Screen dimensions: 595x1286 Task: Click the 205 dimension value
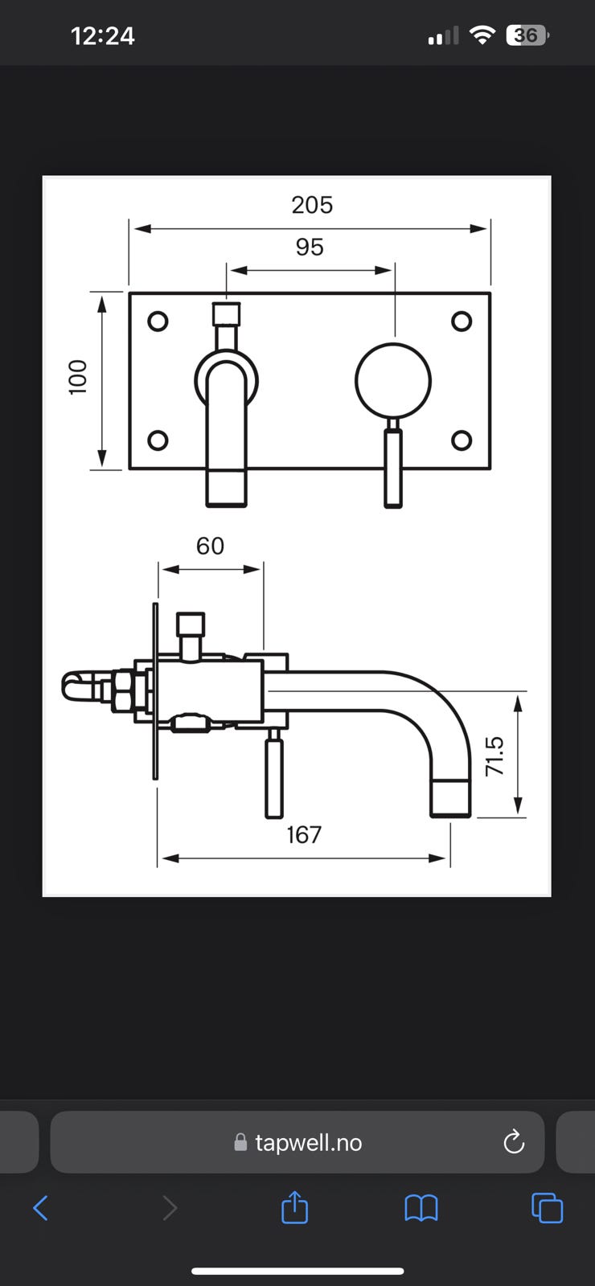click(x=312, y=205)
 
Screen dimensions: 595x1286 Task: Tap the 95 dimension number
click(x=310, y=247)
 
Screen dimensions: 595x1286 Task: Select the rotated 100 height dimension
click(x=77, y=377)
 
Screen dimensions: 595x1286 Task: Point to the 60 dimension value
click(x=210, y=546)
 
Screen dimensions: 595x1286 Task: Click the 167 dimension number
click(x=305, y=835)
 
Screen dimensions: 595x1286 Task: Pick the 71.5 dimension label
click(x=494, y=756)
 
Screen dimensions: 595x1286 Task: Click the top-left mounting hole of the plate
click(x=158, y=321)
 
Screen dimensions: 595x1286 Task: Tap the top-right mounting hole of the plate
click(x=462, y=321)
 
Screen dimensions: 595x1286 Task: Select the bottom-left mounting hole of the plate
click(x=158, y=440)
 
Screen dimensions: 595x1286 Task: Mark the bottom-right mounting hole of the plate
click(x=462, y=440)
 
